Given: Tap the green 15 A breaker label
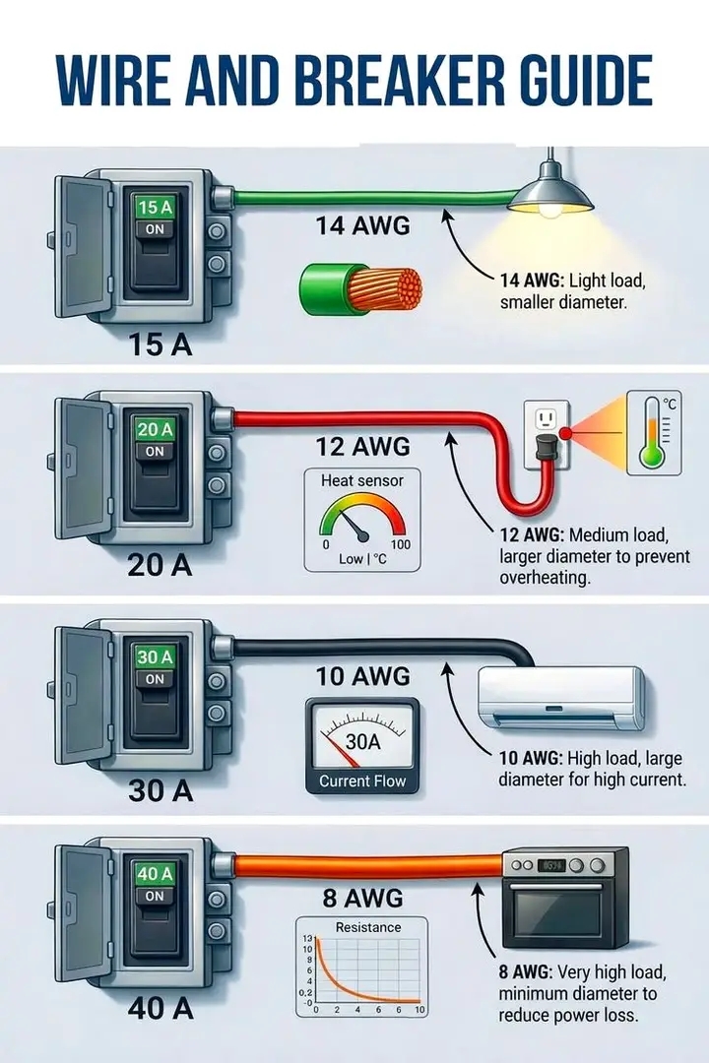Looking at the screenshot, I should tap(155, 208).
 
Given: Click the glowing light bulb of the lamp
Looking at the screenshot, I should tap(550, 209).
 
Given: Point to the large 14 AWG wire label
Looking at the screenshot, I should tap(363, 225).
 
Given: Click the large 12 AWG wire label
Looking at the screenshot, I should tap(362, 447).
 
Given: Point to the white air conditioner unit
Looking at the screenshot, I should tap(560, 698).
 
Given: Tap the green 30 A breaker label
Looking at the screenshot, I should tap(155, 657).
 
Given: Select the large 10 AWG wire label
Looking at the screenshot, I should tap(362, 677).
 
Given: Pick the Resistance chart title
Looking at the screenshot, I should tap(368, 927).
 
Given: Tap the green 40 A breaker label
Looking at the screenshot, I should tap(155, 874).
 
